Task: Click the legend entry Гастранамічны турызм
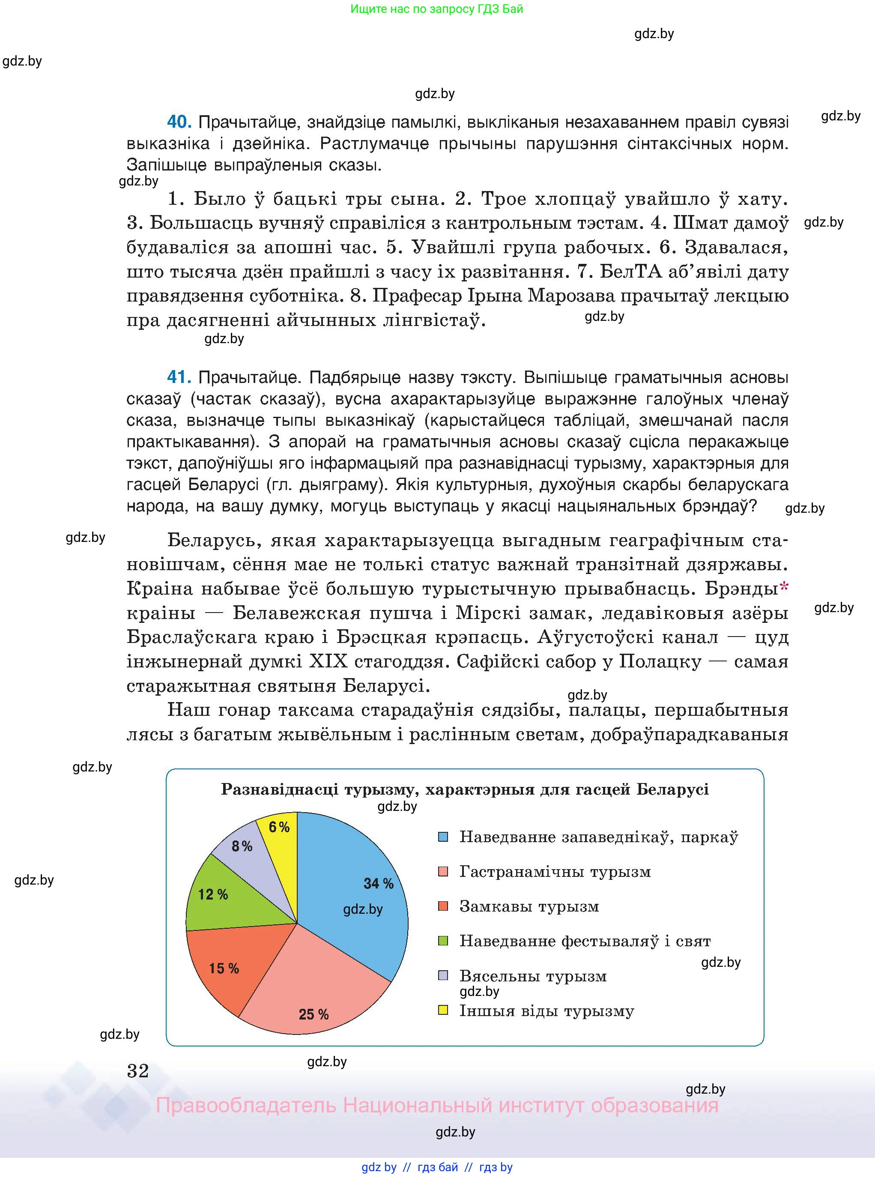tap(555, 872)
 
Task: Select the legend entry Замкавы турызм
tap(529, 906)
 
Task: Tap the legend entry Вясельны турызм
tap(532, 976)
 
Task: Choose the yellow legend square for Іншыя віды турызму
tap(443, 1010)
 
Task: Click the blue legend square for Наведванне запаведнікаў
tap(443, 837)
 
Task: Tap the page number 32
tap(138, 1070)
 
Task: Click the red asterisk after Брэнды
tap(784, 586)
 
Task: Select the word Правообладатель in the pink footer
tap(245, 1106)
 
